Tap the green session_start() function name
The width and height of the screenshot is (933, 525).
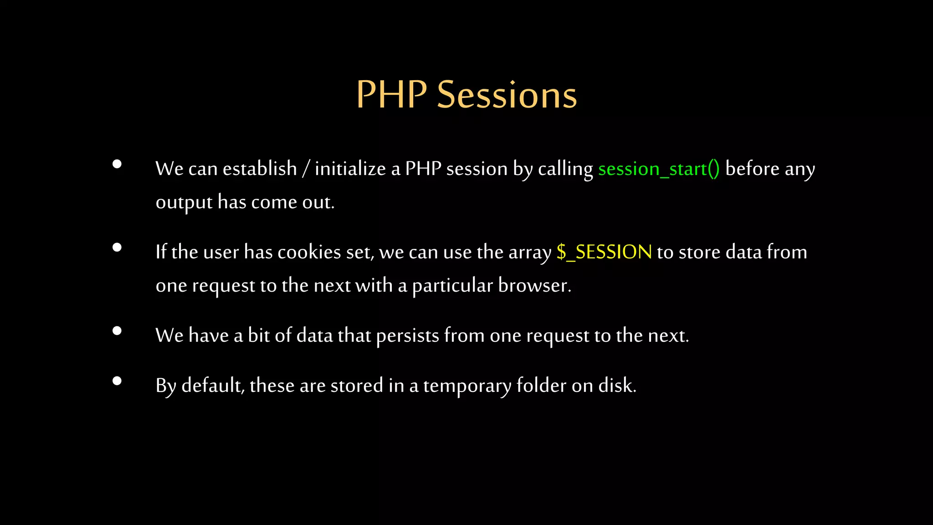[659, 169]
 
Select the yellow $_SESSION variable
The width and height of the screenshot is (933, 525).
[604, 252]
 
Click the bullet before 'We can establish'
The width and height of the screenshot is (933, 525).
[117, 164]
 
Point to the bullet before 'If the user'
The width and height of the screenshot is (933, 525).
[117, 247]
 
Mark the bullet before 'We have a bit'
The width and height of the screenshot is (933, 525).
[117, 331]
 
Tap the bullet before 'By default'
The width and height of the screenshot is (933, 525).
[117, 381]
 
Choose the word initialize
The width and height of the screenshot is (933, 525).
[350, 169]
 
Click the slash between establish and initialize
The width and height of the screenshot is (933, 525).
[306, 170]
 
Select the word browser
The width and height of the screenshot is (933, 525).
[534, 286]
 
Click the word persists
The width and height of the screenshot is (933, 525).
[407, 336]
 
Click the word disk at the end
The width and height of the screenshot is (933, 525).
[616, 386]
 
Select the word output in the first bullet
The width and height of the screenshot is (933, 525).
[184, 203]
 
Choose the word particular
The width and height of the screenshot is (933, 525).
[452, 286]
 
